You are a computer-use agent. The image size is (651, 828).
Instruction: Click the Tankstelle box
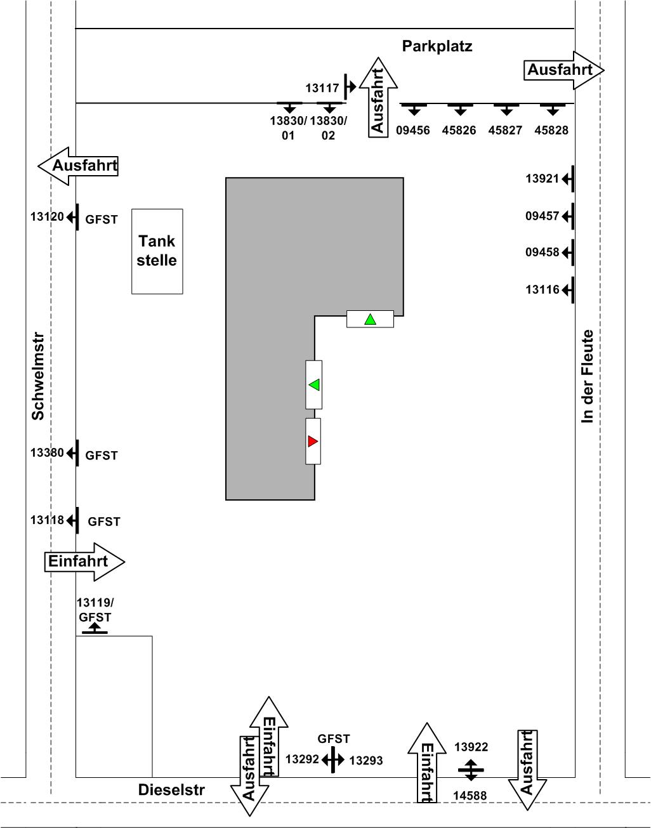pyautogui.click(x=157, y=252)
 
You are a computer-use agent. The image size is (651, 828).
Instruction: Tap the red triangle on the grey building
pyautogui.click(x=312, y=441)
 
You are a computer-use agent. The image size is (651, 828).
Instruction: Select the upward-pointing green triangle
pyautogui.click(x=370, y=319)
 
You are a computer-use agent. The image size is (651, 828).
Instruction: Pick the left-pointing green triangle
pyautogui.click(x=314, y=384)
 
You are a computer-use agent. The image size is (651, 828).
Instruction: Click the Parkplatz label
pyautogui.click(x=437, y=46)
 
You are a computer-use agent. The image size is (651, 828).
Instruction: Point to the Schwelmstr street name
pyautogui.click(x=37, y=376)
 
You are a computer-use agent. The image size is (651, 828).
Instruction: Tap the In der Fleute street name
pyautogui.click(x=587, y=376)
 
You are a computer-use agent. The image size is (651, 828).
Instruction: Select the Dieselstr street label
pyautogui.click(x=171, y=790)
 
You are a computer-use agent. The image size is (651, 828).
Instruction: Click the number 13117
pyautogui.click(x=322, y=88)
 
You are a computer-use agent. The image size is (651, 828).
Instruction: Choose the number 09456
pyautogui.click(x=413, y=130)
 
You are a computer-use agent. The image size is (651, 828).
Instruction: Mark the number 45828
pyautogui.click(x=551, y=130)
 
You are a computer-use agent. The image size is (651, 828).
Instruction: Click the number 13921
pyautogui.click(x=542, y=178)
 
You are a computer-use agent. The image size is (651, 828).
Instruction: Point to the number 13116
pyautogui.click(x=542, y=289)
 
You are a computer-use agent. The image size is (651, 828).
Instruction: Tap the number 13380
pyautogui.click(x=47, y=452)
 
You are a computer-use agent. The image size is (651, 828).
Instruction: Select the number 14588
pyautogui.click(x=470, y=796)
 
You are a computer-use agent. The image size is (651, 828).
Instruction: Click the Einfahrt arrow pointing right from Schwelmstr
pyautogui.click(x=84, y=562)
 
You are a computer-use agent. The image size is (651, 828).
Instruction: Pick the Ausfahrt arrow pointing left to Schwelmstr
pyautogui.click(x=77, y=166)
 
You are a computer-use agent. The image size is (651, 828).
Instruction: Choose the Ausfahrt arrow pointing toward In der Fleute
pyautogui.click(x=563, y=70)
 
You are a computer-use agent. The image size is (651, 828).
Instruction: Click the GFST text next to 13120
pyautogui.click(x=101, y=220)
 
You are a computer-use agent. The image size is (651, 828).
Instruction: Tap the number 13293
pyautogui.click(x=366, y=761)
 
